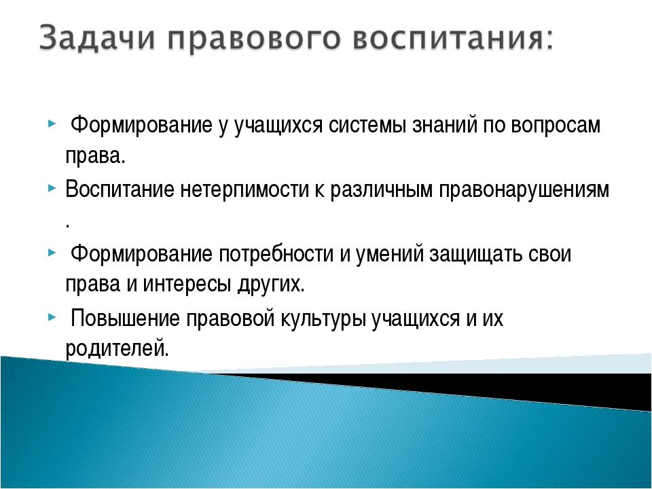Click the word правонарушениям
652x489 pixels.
point(524,190)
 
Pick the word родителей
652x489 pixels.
point(116,348)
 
